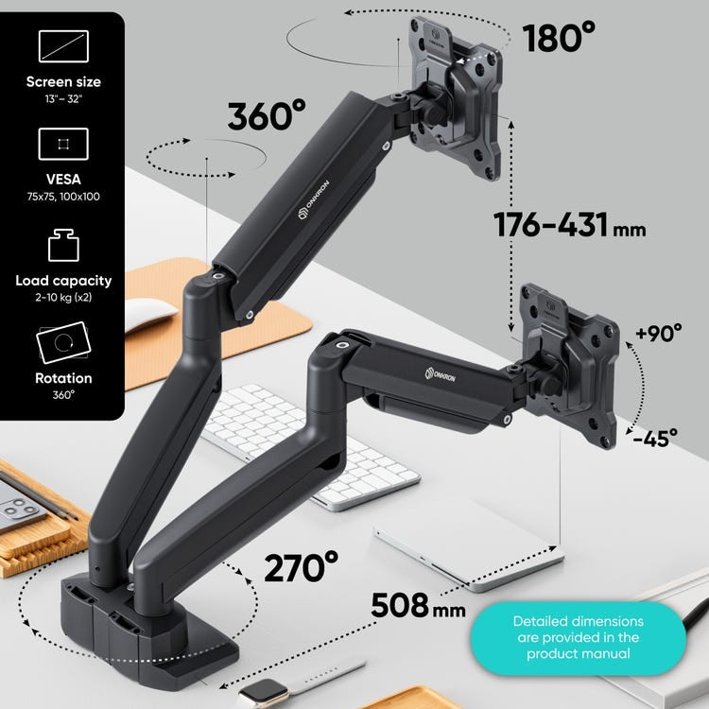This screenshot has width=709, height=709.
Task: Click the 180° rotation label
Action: pos(559,38)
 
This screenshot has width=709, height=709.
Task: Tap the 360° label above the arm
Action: pos(267,115)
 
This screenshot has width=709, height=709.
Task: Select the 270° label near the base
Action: pos(301,566)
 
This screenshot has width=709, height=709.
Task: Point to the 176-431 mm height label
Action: pos(570,224)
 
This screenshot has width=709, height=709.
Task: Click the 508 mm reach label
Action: pos(418,605)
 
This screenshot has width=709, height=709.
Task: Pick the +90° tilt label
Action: pos(658,333)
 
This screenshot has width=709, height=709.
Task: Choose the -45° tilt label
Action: pos(655,438)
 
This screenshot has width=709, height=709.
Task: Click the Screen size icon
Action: pos(63,46)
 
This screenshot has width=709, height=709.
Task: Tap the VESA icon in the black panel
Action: pos(63,144)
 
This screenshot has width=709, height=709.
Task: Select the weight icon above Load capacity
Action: pos(63,245)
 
